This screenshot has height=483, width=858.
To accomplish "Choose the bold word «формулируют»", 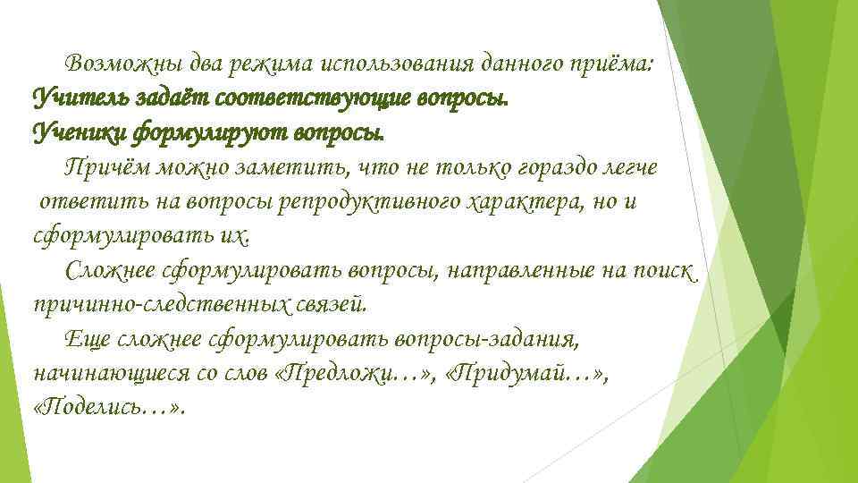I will click(205, 133).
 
